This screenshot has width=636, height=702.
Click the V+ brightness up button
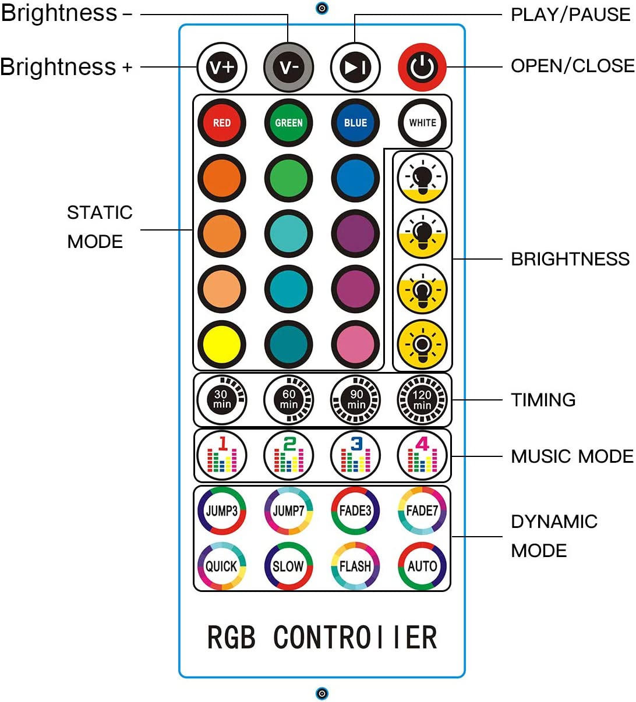tap(222, 68)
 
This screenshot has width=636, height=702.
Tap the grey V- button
tap(288, 68)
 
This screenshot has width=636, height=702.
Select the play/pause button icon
tap(355, 68)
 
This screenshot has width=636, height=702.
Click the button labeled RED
tap(222, 123)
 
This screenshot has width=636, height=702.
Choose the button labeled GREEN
tap(288, 123)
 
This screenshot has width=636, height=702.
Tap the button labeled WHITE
tap(422, 123)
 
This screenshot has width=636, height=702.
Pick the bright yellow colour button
tap(222, 344)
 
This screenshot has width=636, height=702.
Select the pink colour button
tap(355, 344)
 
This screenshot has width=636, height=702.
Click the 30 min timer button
tap(222, 400)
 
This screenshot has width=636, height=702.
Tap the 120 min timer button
tap(422, 400)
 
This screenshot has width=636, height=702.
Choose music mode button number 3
tap(355, 455)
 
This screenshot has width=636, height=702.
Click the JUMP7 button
tap(288, 511)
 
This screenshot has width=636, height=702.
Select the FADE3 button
tap(355, 511)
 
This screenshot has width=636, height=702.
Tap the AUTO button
tap(422, 566)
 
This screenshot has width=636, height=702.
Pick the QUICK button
tap(222, 566)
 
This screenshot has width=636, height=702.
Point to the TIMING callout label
tap(543, 400)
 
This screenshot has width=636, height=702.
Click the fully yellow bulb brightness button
tap(422, 344)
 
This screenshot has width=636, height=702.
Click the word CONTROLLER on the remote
tap(355, 637)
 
